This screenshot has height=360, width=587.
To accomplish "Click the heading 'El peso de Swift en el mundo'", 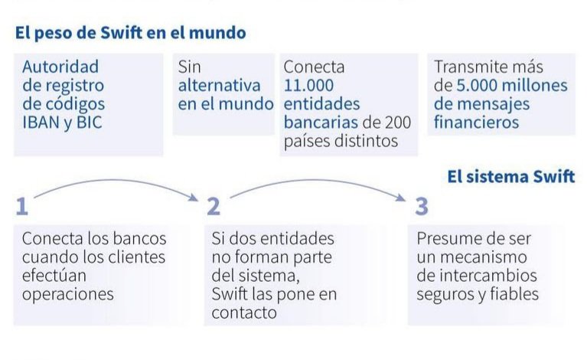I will pyautogui.click(x=129, y=33).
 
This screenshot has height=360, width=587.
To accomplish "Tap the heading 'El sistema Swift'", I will pyautogui.click(x=510, y=177).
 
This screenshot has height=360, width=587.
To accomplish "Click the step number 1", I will pyautogui.click(x=22, y=206).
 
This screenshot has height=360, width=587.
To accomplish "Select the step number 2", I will pyautogui.click(x=214, y=206).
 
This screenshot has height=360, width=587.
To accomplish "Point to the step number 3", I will pyautogui.click(x=422, y=206).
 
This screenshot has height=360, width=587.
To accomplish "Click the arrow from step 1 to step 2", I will pyautogui.click(x=115, y=185).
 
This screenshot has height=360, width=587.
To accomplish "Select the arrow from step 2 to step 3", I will pyautogui.click(x=318, y=186).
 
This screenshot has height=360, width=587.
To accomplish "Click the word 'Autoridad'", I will pyautogui.click(x=60, y=67).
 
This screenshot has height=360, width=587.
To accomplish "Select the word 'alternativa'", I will pyautogui.click(x=219, y=84).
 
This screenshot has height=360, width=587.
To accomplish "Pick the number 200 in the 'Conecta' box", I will pyautogui.click(x=398, y=122).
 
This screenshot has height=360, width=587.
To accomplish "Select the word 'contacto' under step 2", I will pyautogui.click(x=243, y=312).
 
